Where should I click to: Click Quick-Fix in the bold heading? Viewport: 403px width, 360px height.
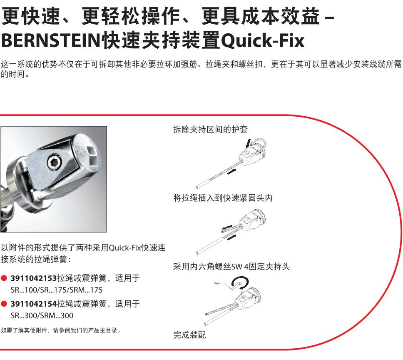click(x=263, y=40)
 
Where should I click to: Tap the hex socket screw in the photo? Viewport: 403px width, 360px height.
click(x=55, y=163)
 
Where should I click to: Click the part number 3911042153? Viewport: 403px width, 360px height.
click(x=33, y=278)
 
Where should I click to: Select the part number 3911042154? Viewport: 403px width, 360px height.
click(x=33, y=304)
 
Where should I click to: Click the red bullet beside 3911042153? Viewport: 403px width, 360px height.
click(x=4, y=278)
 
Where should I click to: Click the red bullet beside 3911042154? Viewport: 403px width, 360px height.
click(x=4, y=304)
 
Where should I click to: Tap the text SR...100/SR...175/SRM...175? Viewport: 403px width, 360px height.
click(x=57, y=290)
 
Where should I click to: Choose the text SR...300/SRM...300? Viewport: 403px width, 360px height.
click(x=42, y=315)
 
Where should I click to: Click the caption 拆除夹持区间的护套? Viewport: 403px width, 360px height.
click(x=210, y=129)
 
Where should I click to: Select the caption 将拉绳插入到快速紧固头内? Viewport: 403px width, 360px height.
click(x=223, y=198)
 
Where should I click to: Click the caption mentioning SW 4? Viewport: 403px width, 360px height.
click(x=231, y=266)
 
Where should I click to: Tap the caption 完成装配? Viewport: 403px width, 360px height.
click(x=190, y=335)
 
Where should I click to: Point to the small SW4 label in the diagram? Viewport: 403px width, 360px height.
click(x=216, y=283)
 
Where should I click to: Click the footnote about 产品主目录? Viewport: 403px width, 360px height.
click(x=61, y=330)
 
